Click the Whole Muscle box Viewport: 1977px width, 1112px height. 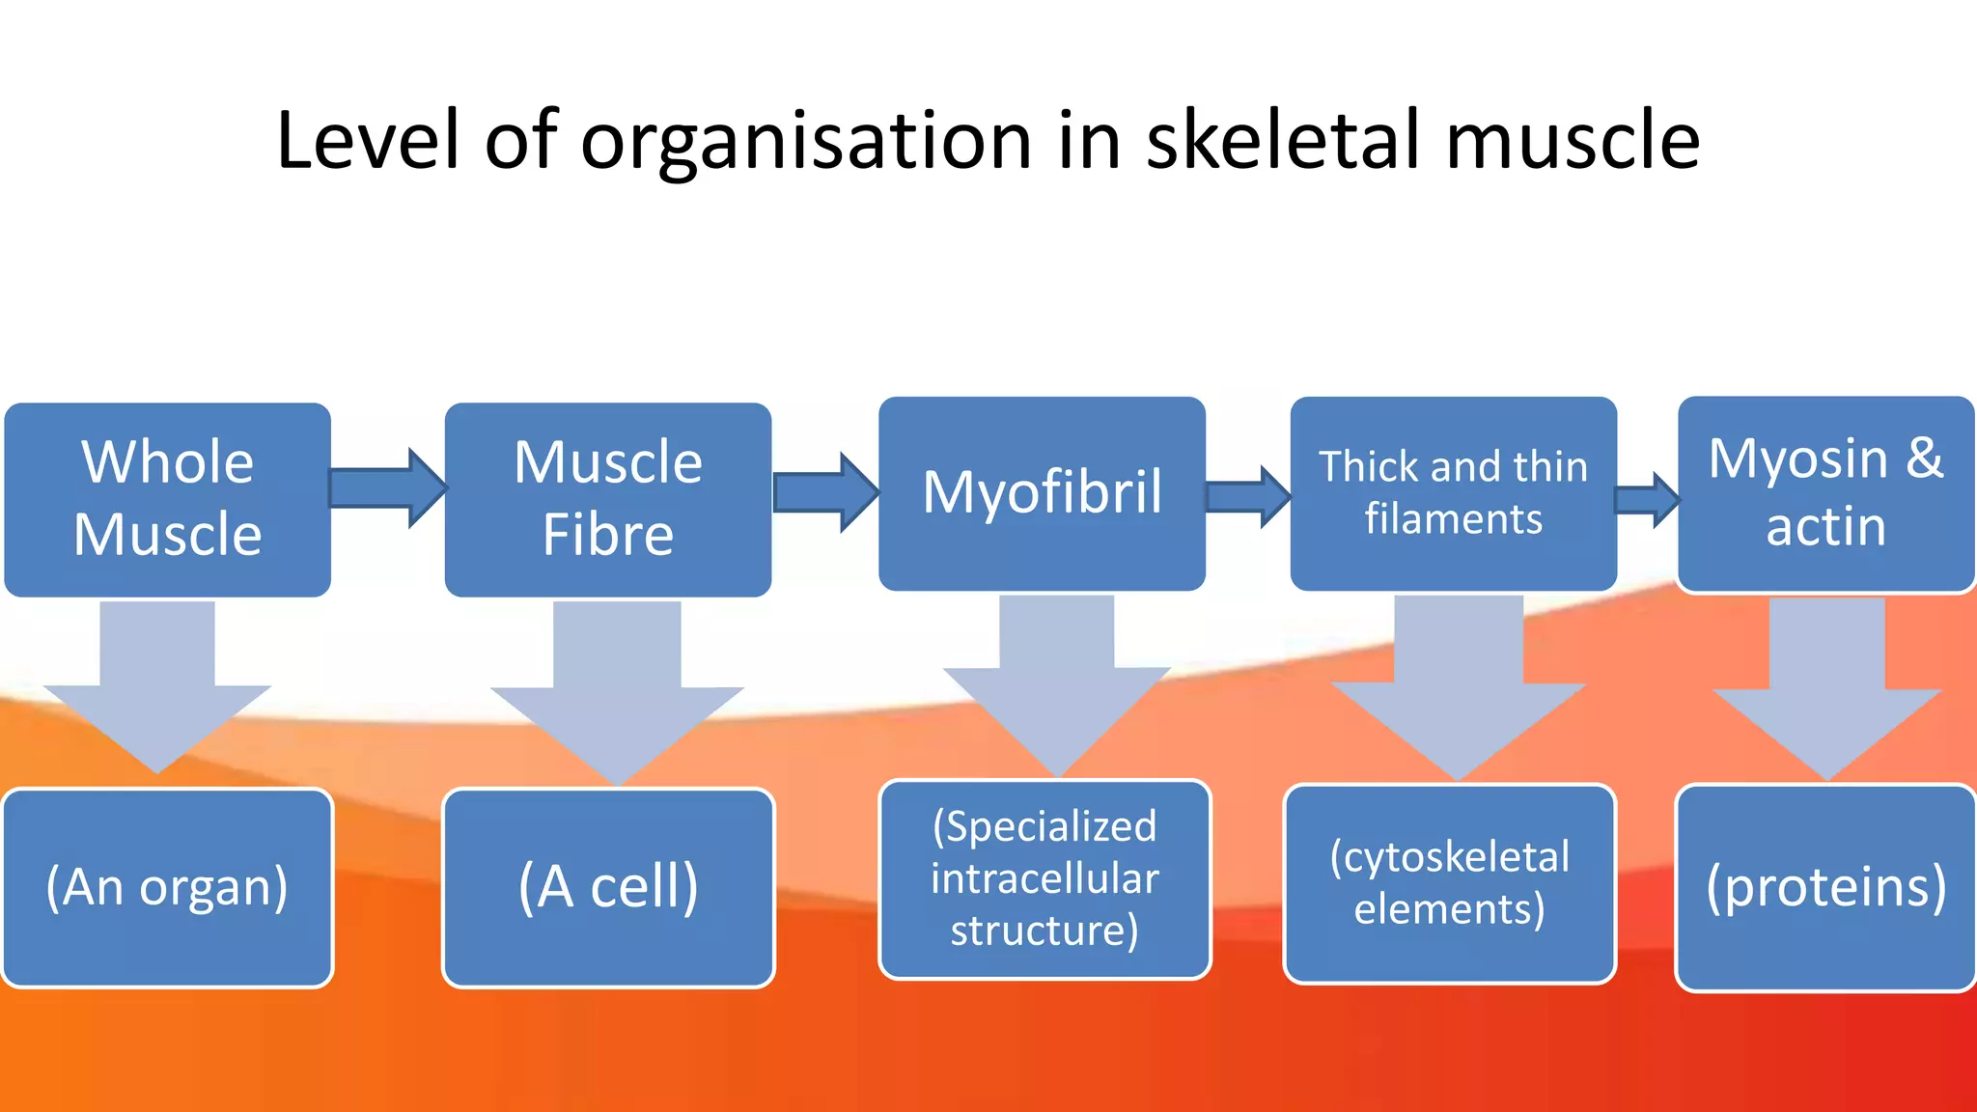[x=167, y=499]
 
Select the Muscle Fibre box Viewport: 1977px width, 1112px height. [x=607, y=499]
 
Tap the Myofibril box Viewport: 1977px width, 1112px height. [x=1042, y=493]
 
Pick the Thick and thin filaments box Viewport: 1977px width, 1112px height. [x=1453, y=493]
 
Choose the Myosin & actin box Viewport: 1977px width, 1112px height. [x=1825, y=493]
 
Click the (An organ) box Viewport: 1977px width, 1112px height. [x=167, y=888]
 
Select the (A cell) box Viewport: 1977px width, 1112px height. [x=608, y=888]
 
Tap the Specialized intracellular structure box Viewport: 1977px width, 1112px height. [x=1044, y=879]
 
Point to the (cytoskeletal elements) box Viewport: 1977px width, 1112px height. [x=1449, y=883]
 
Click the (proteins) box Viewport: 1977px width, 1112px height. [x=1825, y=888]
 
